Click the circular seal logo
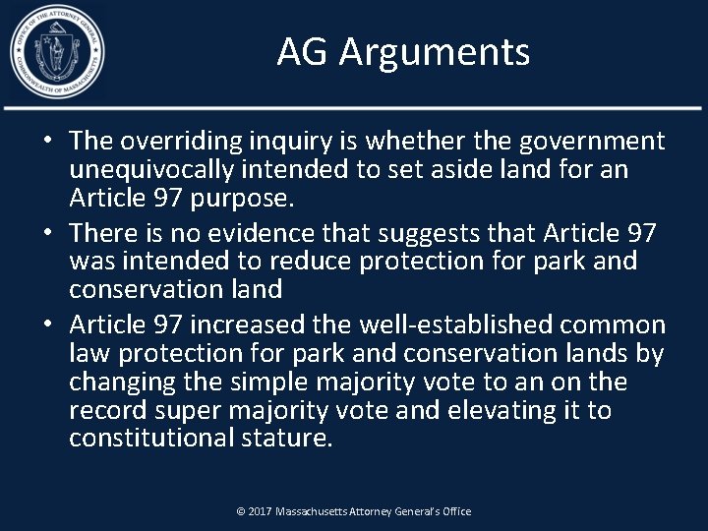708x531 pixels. tap(57, 51)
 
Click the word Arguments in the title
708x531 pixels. tap(435, 51)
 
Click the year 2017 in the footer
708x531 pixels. tap(260, 511)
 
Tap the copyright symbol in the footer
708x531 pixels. tap(240, 511)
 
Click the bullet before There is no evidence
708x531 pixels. tap(48, 233)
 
